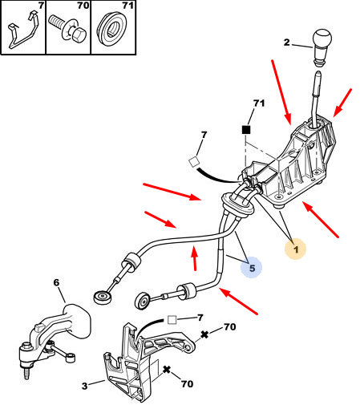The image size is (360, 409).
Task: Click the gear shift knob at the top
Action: click(x=322, y=47)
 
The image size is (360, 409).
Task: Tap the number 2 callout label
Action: click(x=286, y=43)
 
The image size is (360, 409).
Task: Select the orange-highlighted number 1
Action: click(x=296, y=249)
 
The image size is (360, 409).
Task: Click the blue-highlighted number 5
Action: click(x=252, y=268)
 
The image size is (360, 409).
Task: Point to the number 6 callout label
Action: click(x=56, y=282)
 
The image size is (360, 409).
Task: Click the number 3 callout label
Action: click(x=85, y=386)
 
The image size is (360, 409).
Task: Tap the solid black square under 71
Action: click(x=246, y=130)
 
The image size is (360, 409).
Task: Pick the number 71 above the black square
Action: click(x=259, y=103)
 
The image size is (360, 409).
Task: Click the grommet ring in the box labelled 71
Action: click(x=113, y=30)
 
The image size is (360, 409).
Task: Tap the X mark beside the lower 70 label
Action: click(x=167, y=370)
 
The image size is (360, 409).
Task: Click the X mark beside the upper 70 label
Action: click(x=204, y=334)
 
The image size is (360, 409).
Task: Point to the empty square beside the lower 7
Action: click(x=172, y=320)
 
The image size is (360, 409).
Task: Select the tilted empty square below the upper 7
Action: click(x=194, y=162)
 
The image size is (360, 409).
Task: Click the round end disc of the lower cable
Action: click(x=144, y=301)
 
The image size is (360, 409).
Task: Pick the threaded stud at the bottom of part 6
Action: click(x=26, y=373)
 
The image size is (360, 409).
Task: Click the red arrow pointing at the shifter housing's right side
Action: click(x=342, y=103)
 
